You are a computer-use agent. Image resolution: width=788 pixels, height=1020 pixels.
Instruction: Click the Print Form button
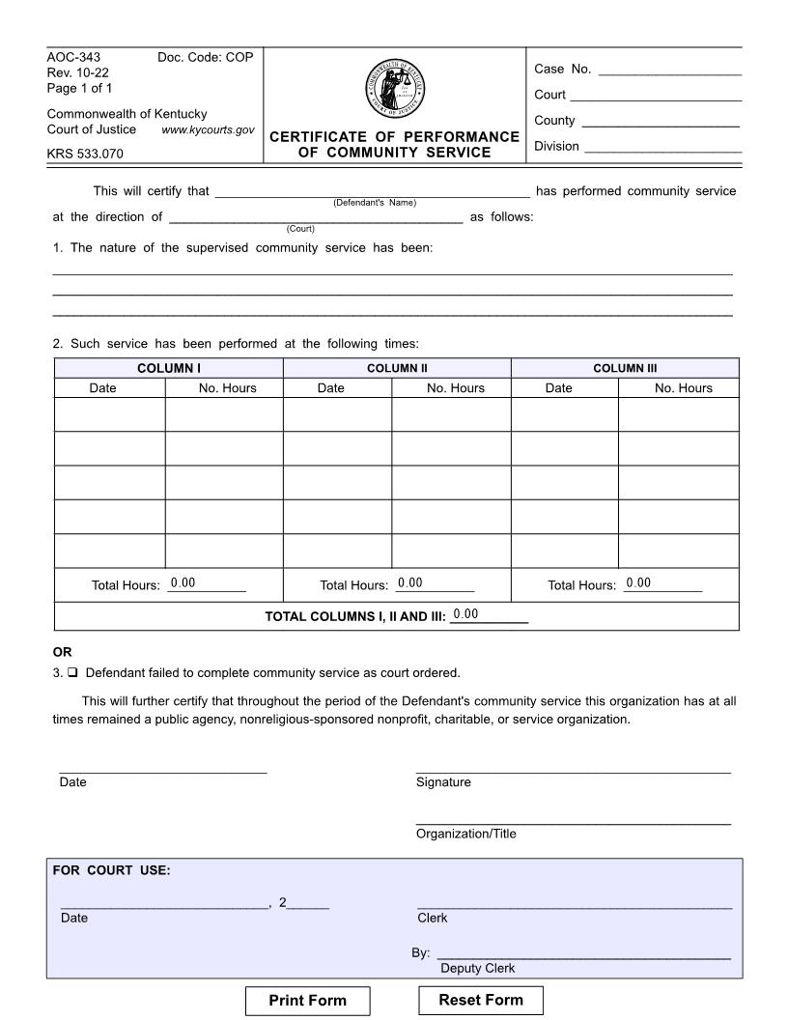tap(307, 1001)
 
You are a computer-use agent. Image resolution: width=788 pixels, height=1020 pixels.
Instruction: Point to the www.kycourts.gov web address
tap(208, 129)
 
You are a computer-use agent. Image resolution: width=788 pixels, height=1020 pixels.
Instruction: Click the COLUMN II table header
tap(397, 368)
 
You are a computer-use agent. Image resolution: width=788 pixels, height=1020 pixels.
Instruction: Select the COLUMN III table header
tap(625, 368)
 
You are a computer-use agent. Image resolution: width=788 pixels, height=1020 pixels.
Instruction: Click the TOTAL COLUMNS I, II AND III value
tap(489, 615)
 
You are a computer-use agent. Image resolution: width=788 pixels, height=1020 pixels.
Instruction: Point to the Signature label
tap(443, 782)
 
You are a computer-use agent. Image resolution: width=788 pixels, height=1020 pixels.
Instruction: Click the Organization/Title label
tap(465, 834)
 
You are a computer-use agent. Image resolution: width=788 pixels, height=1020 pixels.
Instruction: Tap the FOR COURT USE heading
tap(111, 870)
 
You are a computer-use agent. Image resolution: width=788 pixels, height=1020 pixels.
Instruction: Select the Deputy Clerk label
tap(477, 968)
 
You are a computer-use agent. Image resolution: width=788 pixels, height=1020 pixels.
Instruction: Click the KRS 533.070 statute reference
tap(85, 153)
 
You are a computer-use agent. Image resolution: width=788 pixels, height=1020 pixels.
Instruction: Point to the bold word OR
tap(62, 652)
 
